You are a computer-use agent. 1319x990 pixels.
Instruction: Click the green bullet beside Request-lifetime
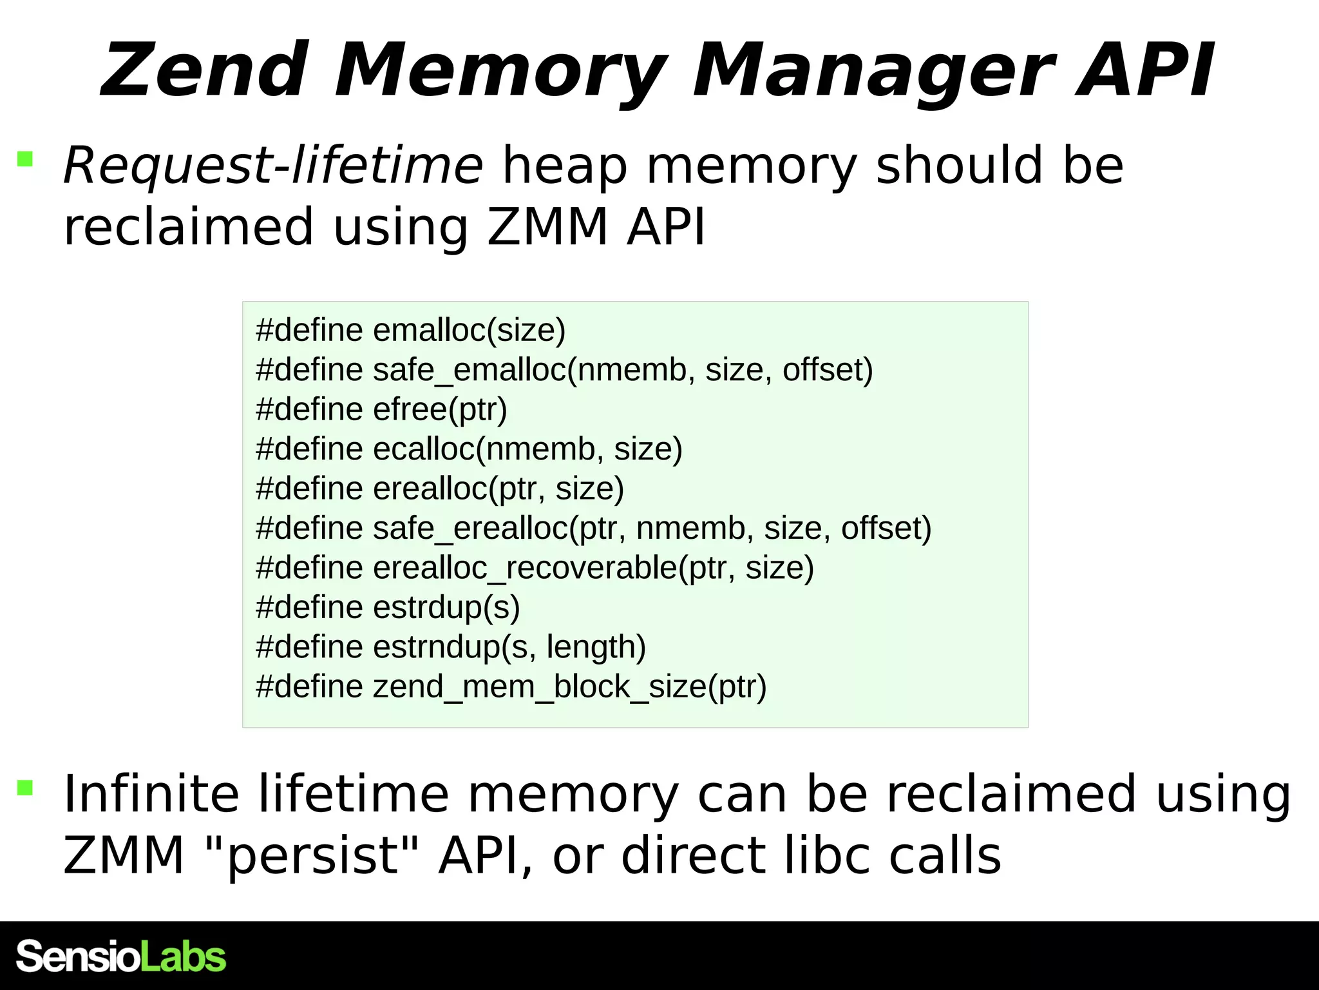click(25, 159)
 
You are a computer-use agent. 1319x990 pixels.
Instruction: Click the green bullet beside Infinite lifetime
click(25, 787)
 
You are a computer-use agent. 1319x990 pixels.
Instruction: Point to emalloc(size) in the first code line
click(469, 330)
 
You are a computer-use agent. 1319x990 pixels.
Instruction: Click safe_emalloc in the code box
click(469, 370)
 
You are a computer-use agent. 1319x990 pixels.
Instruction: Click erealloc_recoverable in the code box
click(525, 568)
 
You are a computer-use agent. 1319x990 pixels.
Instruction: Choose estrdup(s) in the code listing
click(446, 607)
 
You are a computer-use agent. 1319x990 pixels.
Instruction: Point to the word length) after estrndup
click(596, 646)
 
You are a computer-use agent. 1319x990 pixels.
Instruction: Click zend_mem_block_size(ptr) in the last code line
click(569, 686)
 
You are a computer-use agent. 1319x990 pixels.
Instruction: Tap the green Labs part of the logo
click(183, 956)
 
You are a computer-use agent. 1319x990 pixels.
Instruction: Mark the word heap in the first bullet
click(564, 166)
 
